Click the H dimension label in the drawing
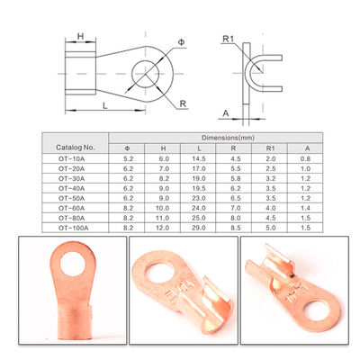(80, 36)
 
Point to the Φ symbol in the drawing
(181, 42)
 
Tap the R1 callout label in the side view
(229, 39)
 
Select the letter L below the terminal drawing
(104, 105)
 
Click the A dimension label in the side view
(226, 113)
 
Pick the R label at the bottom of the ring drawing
(183, 103)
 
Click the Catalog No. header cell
(76, 148)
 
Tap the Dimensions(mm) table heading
(228, 138)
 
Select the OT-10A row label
(71, 159)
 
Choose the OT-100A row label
(73, 228)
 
